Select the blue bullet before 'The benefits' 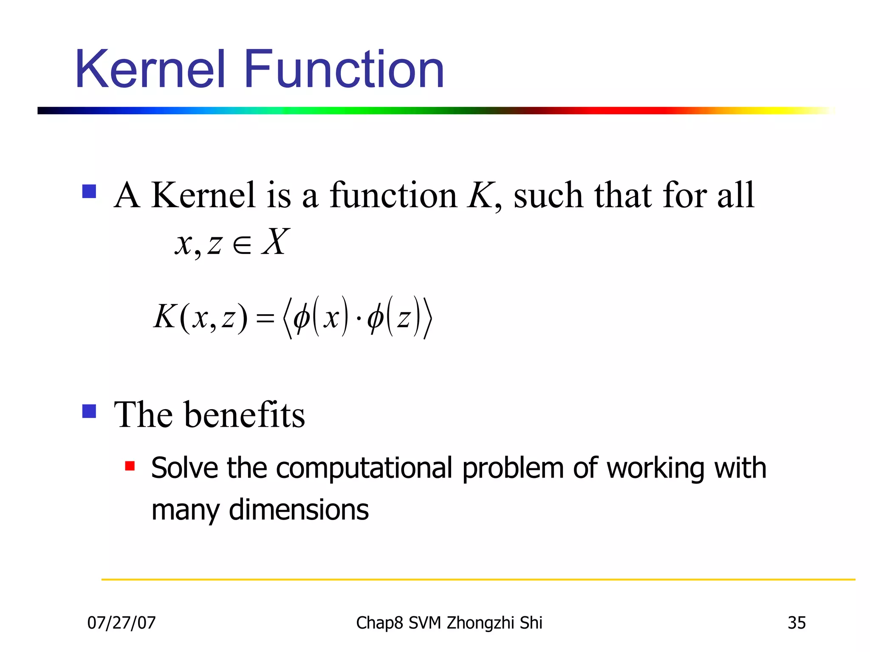(89, 411)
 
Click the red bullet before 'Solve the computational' (130, 466)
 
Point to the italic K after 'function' (480, 195)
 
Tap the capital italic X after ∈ (275, 242)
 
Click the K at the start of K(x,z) (165, 317)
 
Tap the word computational (364, 468)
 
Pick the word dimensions (299, 510)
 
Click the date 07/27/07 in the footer (121, 623)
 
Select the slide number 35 (797, 623)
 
